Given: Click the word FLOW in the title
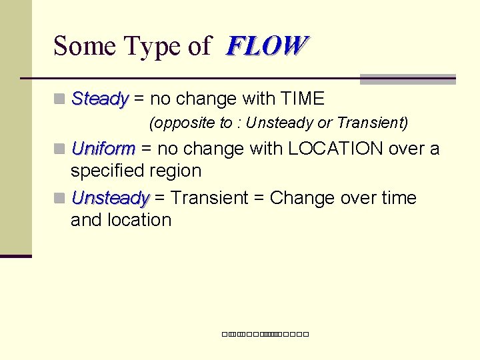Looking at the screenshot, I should (267, 46).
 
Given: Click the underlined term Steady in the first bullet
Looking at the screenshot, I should (99, 99).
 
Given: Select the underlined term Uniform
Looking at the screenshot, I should (103, 148).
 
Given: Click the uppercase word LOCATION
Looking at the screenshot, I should (326, 148).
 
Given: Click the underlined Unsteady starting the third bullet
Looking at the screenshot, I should (110, 198).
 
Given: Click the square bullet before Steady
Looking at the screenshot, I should (60, 100).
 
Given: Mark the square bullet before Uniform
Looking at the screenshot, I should (60, 149).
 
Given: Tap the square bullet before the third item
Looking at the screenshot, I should (60, 199).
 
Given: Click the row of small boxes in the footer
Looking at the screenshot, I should (265, 333).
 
